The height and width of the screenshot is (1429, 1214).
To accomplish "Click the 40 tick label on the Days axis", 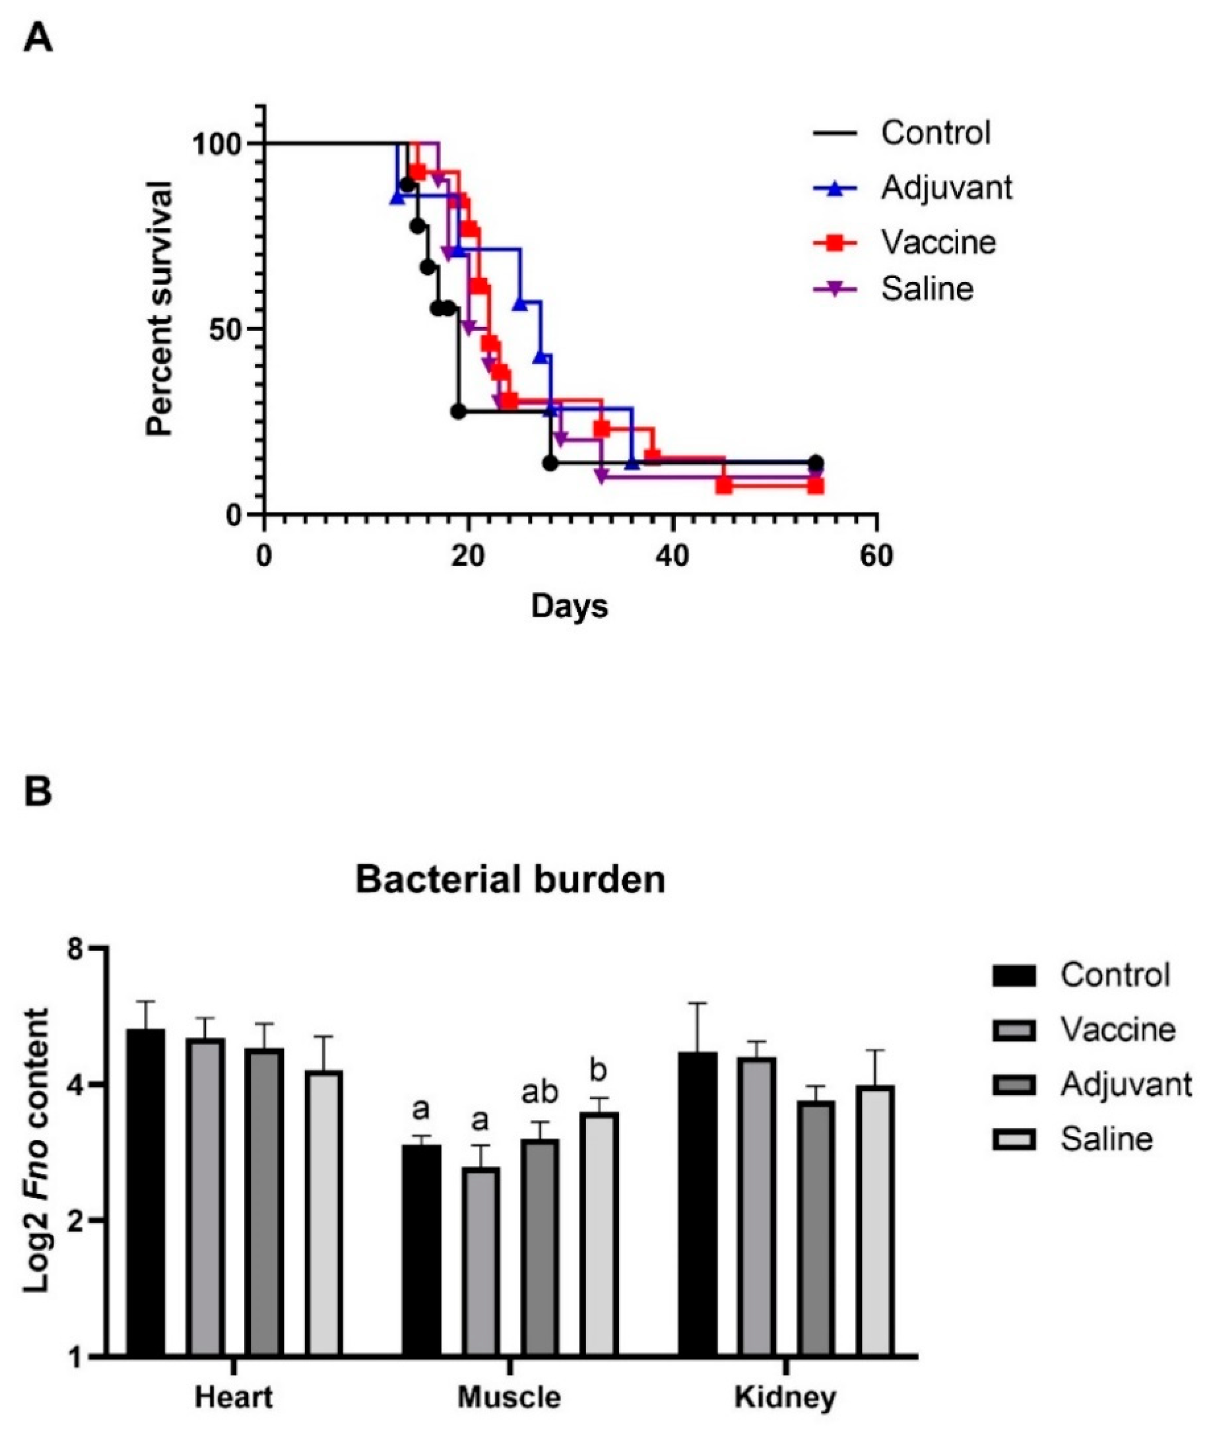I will [672, 556].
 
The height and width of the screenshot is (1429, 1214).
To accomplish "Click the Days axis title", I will [570, 606].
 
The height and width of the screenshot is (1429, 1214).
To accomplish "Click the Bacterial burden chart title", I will [510, 880].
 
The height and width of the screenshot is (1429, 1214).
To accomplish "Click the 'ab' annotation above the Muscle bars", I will [540, 1092].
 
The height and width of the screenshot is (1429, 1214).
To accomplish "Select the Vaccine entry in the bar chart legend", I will [1116, 1030].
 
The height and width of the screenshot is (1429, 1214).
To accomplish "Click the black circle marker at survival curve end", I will [815, 463].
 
